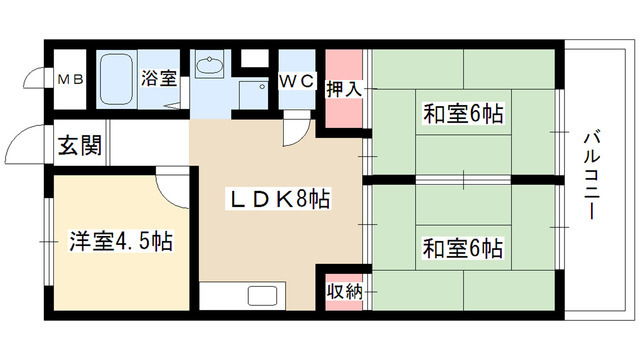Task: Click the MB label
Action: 70,79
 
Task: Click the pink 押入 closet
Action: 339,88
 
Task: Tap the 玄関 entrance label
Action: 78,147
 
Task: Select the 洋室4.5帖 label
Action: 119,241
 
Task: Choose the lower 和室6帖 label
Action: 462,246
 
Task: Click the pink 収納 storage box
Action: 339,291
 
